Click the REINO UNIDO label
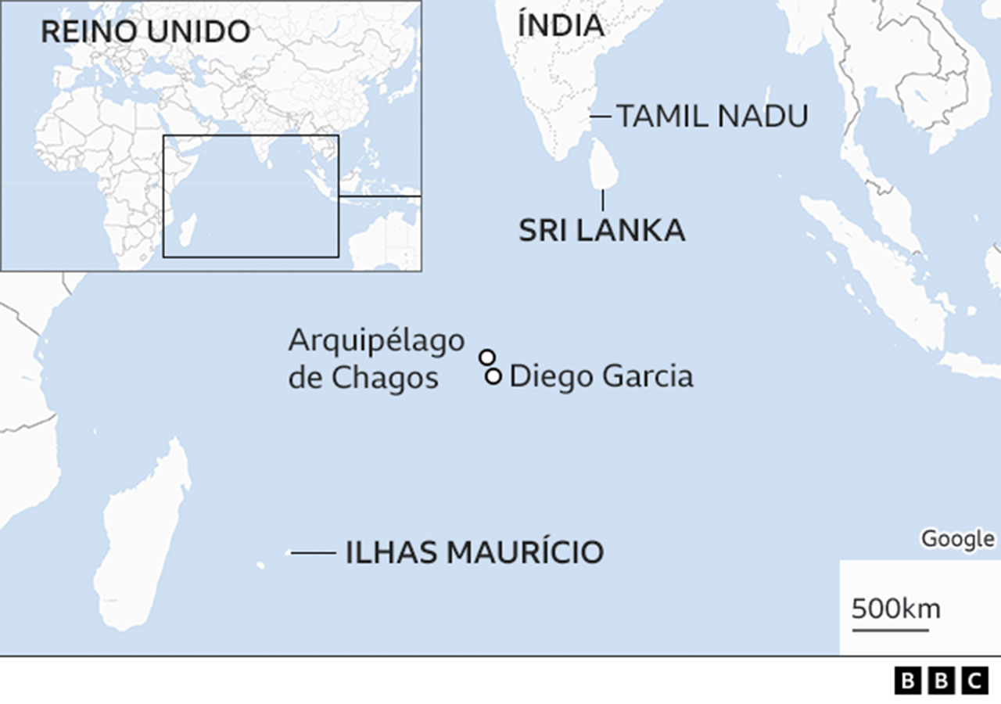pyautogui.click(x=145, y=31)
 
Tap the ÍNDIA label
pyautogui.click(x=561, y=25)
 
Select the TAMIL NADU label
pyautogui.click(x=712, y=117)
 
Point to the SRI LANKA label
pyautogui.click(x=601, y=231)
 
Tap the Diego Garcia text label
pyautogui.click(x=601, y=376)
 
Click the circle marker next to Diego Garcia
pyautogui.click(x=493, y=376)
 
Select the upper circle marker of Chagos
pyautogui.click(x=487, y=357)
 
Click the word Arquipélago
pyautogui.click(x=376, y=341)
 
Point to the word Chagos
pyautogui.click(x=384, y=378)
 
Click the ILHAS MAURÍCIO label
pyautogui.click(x=474, y=552)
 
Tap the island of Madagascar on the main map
pyautogui.click(x=145, y=540)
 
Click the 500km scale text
pyautogui.click(x=895, y=609)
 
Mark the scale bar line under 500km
pyautogui.click(x=890, y=628)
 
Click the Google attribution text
pyautogui.click(x=957, y=539)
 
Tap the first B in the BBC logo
pyautogui.click(x=907, y=681)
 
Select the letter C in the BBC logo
pyautogui.click(x=974, y=681)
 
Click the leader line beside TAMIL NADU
pyautogui.click(x=601, y=117)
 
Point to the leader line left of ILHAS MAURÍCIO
pyautogui.click(x=313, y=553)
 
